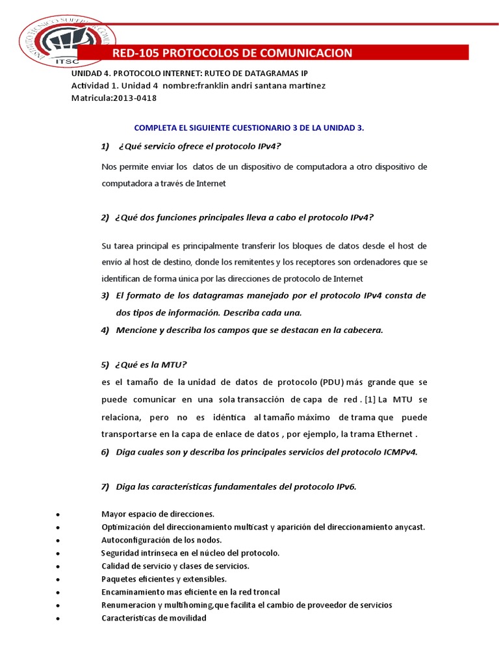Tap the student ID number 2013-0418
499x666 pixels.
pyautogui.click(x=134, y=98)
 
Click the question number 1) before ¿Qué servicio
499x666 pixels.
pyautogui.click(x=105, y=145)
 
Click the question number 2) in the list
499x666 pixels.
pyautogui.click(x=105, y=217)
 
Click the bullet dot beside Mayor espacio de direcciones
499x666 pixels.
pyautogui.click(x=59, y=514)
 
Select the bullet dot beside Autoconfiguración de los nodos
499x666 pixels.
pyautogui.click(x=59, y=540)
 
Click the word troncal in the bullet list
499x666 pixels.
pyautogui.click(x=266, y=592)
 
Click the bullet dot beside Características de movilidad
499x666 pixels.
pyautogui.click(x=59, y=619)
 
